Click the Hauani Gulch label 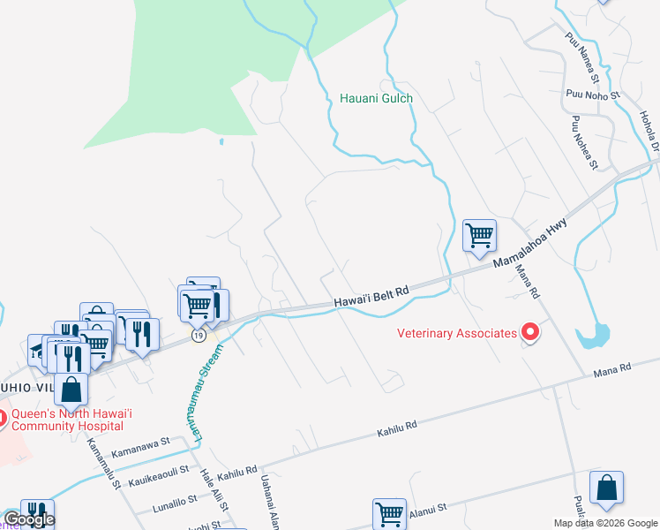[x=376, y=98]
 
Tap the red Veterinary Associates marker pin [x=529, y=332]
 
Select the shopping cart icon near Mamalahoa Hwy [x=479, y=236]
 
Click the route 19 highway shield [x=199, y=336]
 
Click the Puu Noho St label [x=595, y=93]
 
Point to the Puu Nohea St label [x=585, y=141]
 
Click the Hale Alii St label [x=214, y=489]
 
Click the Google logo [x=28, y=519]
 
